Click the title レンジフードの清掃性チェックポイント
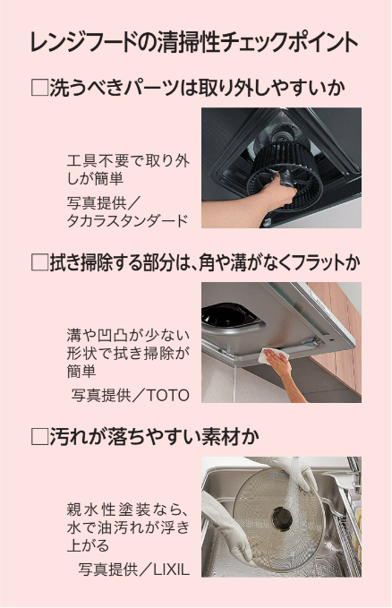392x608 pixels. point(194,42)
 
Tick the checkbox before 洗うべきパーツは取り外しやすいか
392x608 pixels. point(38,88)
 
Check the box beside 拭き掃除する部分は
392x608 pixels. point(38,262)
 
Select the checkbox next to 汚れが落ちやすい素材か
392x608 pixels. point(38,437)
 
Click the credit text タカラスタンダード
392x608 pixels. point(127,220)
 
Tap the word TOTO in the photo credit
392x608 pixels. point(167,395)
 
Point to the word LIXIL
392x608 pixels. point(172,569)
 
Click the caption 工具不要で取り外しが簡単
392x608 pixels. point(128,170)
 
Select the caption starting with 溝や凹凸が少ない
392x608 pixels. point(128,353)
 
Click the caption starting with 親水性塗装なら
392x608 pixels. point(128,527)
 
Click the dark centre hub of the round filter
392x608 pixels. point(282,518)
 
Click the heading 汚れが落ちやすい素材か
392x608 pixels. point(154,437)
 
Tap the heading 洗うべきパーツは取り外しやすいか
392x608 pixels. point(198,88)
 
